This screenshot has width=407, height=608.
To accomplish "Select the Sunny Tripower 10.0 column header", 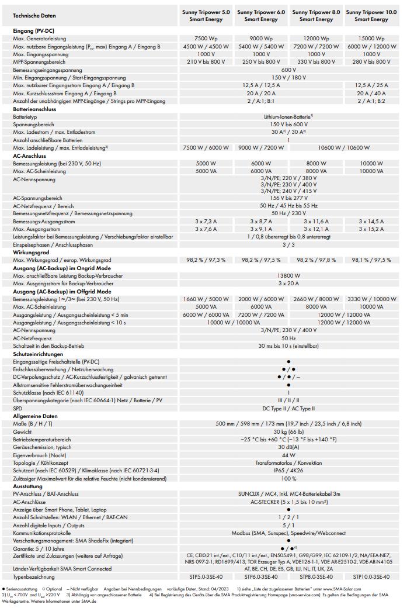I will pos(371,16).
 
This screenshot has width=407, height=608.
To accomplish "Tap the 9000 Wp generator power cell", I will pos(261,38).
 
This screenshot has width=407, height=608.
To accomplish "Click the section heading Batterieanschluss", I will pos(39,109).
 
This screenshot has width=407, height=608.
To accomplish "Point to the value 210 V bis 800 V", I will pos(206,61).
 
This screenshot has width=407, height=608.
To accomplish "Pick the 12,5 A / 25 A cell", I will pos(371,85).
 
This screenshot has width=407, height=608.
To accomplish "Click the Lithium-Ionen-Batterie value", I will pos(288,116).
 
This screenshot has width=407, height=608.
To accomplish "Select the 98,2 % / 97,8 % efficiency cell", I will pos(316,260).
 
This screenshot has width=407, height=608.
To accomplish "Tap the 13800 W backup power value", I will pos(288,275).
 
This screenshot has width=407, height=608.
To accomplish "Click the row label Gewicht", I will pos(23,431).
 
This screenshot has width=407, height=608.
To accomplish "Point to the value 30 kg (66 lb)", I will pos(288,431).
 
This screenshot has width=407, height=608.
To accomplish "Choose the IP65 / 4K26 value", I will pos(288,470).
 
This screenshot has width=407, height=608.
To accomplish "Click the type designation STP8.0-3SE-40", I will pos(316,576).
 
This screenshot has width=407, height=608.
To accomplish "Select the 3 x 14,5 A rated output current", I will pos(371,222).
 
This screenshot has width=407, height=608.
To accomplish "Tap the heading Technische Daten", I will pos(34,16).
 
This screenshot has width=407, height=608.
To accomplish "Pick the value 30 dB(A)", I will pos(288,447).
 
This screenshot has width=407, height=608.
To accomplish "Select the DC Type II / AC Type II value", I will pos(288,408).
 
